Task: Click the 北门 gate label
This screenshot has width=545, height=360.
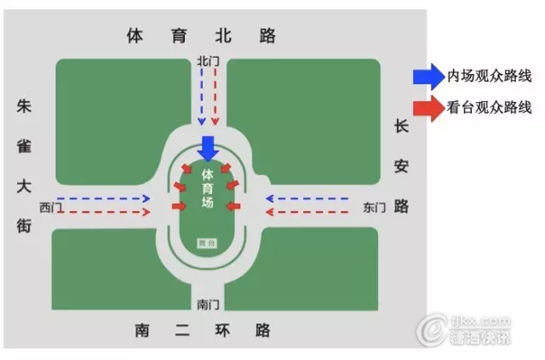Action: [207, 61]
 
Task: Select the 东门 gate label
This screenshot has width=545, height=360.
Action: [374, 207]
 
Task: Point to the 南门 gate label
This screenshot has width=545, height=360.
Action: [208, 304]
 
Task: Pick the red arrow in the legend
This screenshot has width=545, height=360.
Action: [425, 108]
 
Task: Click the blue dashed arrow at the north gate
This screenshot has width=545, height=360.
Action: [201, 98]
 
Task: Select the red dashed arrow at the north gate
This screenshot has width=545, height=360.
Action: [217, 98]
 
